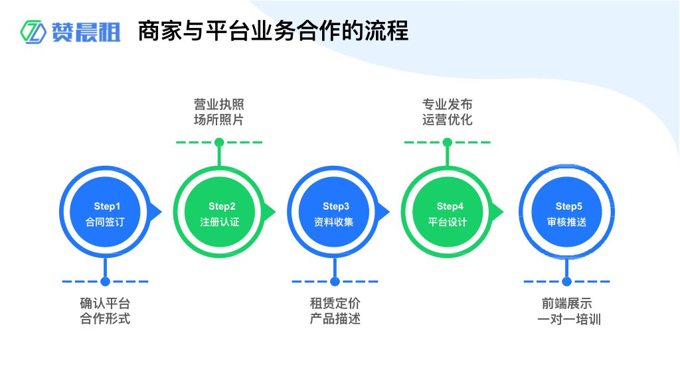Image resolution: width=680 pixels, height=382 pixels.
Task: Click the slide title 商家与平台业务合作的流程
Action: coord(273,31)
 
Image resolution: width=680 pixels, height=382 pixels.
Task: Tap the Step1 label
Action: coord(107,206)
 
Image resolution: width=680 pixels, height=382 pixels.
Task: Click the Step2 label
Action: coord(222,206)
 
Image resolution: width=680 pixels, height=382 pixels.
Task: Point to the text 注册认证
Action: coord(220,222)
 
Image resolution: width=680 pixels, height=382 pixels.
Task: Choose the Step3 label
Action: coord(336,206)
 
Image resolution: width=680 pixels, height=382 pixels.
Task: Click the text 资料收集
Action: coord(334,222)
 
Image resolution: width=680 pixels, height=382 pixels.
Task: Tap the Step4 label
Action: coord(450,206)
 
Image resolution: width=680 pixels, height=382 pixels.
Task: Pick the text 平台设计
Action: coord(448,222)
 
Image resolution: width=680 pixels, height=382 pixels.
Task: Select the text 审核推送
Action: coord(566,222)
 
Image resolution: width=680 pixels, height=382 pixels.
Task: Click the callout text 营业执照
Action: coord(219,105)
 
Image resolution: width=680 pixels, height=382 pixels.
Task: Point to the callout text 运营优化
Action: coord(448,120)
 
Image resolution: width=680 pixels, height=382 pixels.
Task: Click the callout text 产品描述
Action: coord(335,319)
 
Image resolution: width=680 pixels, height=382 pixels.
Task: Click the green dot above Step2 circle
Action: coord(219,142)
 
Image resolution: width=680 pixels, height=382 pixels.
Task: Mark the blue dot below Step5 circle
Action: coord(566,282)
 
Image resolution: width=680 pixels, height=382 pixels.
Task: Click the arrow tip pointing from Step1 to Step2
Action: coord(160,212)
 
